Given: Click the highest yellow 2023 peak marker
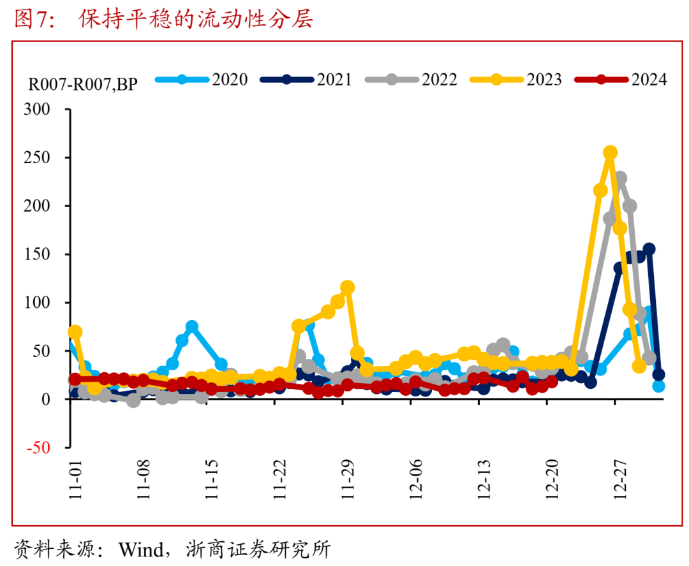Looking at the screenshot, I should pyautogui.click(x=610, y=152).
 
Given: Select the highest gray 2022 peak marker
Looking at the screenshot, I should pyautogui.click(x=620, y=178).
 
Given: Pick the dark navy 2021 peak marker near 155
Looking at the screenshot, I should pyautogui.click(x=649, y=249).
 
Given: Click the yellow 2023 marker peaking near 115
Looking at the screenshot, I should pyautogui.click(x=348, y=287).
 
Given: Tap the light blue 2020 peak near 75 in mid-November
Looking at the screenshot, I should pyautogui.click(x=192, y=326).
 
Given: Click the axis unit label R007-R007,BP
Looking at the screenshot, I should pyautogui.click(x=82, y=84).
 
